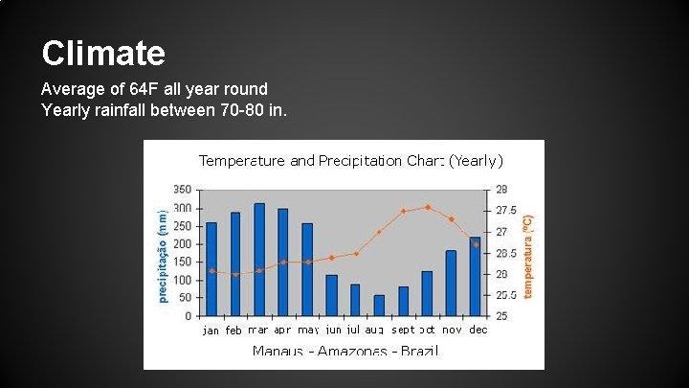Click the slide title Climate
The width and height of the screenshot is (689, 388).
click(103, 52)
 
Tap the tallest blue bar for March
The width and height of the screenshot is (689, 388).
click(259, 259)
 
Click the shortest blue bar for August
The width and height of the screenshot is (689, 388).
click(379, 306)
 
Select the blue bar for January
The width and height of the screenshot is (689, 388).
click(211, 269)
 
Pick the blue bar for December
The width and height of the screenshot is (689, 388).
click(476, 276)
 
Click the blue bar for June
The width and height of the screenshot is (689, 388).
click(331, 295)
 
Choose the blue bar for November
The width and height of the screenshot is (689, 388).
click(451, 283)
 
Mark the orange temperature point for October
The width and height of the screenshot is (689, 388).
click(428, 207)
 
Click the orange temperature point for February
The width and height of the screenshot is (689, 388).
click(235, 274)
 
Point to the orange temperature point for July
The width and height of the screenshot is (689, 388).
click(356, 254)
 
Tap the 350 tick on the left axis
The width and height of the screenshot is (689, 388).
click(182, 189)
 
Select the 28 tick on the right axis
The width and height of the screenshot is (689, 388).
click(501, 189)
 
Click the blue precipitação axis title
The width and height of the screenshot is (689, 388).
click(162, 250)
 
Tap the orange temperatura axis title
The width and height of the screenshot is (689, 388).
click(525, 253)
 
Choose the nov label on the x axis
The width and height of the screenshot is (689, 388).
click(452, 330)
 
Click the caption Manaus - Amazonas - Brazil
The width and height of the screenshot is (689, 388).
click(344, 351)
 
